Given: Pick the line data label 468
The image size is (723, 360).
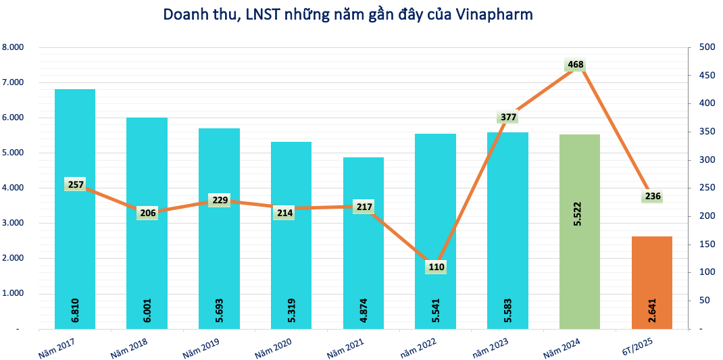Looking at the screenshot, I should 576,65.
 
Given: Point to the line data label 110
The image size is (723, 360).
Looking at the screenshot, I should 436,267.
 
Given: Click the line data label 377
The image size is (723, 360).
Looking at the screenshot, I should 508,117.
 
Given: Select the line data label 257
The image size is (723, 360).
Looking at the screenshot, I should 75,184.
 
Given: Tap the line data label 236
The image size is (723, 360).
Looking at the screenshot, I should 652,197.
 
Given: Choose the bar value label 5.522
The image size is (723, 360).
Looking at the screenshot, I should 580,212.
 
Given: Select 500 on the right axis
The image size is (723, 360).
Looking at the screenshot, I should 707,47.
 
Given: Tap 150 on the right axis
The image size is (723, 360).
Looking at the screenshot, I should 707,245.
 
